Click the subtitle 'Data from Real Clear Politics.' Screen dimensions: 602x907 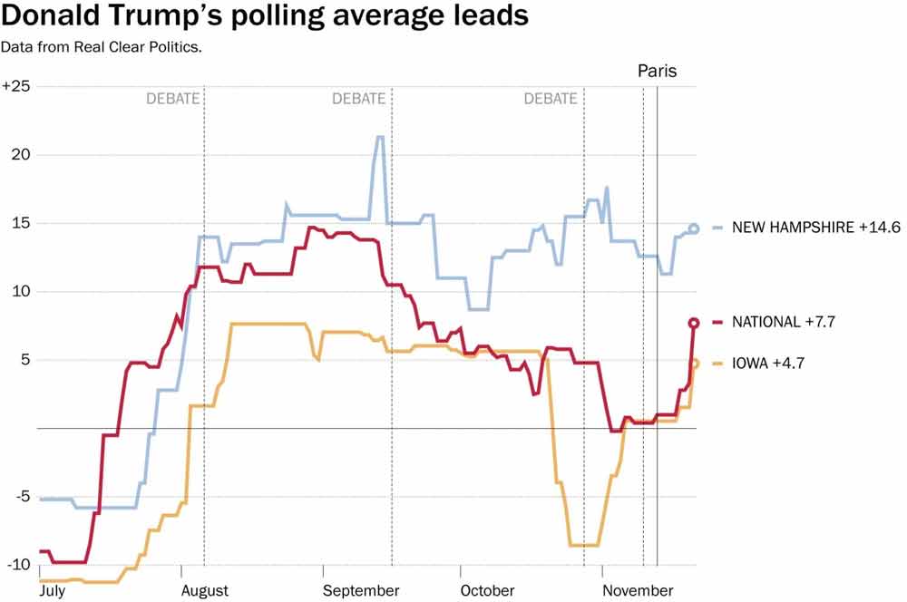tap(101, 46)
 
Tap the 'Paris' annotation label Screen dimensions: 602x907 tap(658, 71)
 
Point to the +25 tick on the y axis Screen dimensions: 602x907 tap(16, 86)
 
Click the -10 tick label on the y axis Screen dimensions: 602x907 tap(16, 565)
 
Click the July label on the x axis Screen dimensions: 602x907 tap(54, 591)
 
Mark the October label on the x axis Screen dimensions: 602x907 tap(488, 591)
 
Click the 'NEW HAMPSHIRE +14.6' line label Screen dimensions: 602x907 tap(805, 228)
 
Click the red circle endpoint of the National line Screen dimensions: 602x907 tap(694, 323)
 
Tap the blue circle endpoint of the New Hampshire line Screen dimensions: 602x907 tap(694, 228)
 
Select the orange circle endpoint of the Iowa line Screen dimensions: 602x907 tap(695, 364)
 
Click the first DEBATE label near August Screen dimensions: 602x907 tap(172, 99)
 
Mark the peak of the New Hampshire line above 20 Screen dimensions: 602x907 tap(379, 137)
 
